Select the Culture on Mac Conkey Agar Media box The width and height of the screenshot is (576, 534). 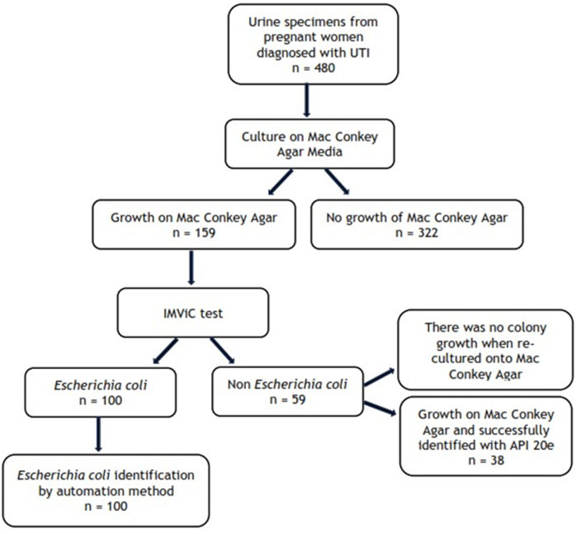[x=306, y=144]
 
